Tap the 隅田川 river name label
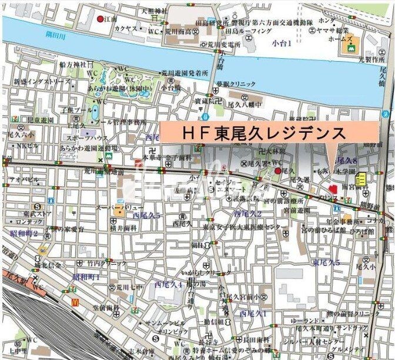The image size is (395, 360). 57,35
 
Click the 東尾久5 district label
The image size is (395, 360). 326,262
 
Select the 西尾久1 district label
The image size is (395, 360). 253,314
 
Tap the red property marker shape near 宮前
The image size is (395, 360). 332,190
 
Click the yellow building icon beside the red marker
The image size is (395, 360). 361,179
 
